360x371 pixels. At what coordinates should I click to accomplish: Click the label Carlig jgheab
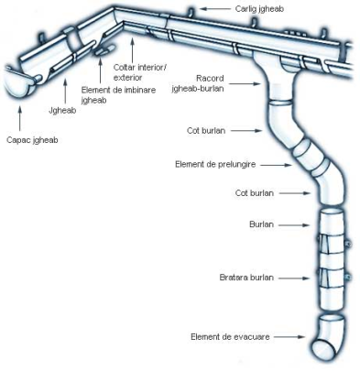tap(259, 9)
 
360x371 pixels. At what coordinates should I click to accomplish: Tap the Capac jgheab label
tap(32, 140)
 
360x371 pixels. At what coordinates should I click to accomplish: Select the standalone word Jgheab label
tap(62, 110)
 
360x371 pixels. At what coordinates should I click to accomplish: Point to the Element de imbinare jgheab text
tap(118, 95)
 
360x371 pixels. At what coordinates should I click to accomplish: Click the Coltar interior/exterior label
tap(140, 72)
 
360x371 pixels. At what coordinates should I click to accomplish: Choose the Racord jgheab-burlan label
tap(198, 83)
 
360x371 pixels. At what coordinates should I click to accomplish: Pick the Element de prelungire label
tap(215, 164)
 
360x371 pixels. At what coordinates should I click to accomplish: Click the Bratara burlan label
tap(246, 278)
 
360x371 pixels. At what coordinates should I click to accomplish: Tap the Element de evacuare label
tap(230, 337)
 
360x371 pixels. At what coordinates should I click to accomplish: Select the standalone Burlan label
tap(261, 224)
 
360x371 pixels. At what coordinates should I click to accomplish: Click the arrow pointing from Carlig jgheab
tap(215, 9)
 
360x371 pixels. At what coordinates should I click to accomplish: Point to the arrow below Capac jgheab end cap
tap(20, 118)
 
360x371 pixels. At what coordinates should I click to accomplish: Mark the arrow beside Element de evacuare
tap(289, 337)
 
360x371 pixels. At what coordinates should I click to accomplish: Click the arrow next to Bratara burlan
tap(294, 278)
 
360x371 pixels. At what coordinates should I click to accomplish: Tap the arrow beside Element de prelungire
tap(276, 165)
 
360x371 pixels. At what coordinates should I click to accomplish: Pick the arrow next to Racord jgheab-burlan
tap(245, 83)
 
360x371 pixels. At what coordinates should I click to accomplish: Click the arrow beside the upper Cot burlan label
tap(246, 131)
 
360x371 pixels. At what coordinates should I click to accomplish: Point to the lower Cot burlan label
tap(255, 193)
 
